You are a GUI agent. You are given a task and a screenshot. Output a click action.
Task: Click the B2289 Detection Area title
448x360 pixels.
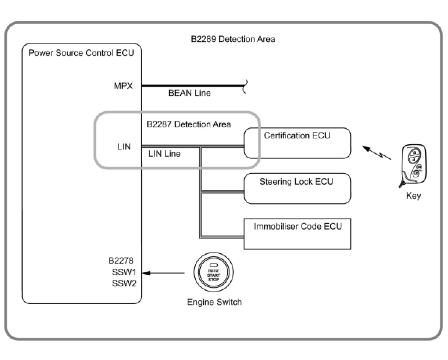233,39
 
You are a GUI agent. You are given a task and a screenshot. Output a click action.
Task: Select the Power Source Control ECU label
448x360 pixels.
81,53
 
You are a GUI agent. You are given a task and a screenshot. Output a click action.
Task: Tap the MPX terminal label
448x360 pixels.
123,86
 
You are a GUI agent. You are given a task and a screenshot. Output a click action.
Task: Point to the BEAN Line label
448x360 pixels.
189,93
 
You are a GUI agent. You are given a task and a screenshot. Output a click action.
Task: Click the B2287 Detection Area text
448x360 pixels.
189,124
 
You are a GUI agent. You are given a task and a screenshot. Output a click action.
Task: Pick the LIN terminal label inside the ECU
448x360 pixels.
124,147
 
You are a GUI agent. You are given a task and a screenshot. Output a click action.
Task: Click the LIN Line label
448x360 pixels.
164,154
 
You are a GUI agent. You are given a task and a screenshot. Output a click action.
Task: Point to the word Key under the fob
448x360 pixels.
413,196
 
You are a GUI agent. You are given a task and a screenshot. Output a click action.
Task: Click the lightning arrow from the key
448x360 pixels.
377,153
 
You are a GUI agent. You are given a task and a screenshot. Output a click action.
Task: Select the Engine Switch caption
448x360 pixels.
214,302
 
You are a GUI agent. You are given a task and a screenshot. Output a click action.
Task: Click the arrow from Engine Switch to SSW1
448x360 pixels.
163,273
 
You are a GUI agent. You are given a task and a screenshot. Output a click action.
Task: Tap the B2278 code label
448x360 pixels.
121,261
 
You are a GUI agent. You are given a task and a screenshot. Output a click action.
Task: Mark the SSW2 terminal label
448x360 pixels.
124,283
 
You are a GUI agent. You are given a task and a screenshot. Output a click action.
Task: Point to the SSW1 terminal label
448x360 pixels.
124,272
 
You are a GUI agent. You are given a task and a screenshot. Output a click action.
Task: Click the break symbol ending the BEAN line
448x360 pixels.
245,86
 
